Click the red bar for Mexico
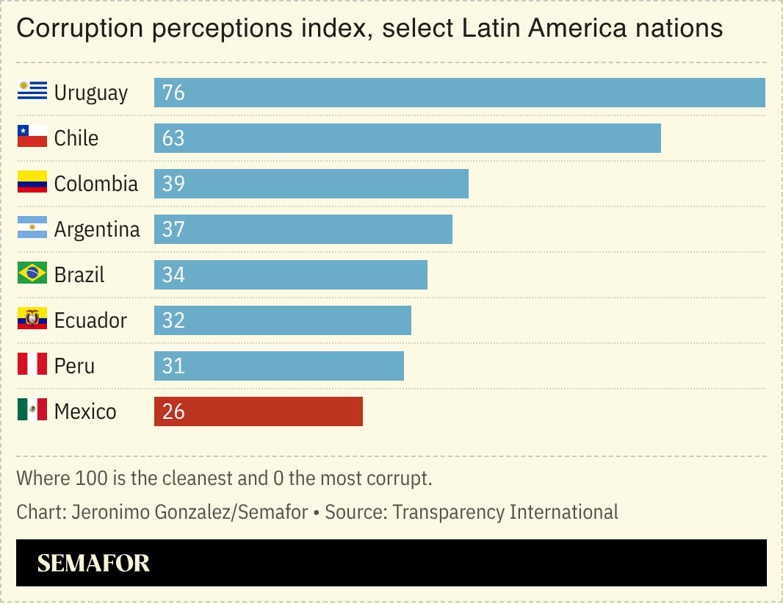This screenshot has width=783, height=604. point(259,411)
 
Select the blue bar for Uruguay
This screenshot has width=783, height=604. point(459,93)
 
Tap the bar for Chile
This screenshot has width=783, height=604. point(408,138)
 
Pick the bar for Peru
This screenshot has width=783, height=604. point(279,366)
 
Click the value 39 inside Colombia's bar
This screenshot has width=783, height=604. point(173,184)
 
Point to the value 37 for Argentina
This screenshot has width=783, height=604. point(173,229)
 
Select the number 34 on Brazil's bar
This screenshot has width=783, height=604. point(173,275)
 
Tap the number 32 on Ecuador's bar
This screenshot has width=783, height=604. point(173,320)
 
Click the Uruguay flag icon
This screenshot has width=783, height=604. point(32,91)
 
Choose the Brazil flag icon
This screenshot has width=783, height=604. point(32,273)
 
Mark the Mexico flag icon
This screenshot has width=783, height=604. point(32,410)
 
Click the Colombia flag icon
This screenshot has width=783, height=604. point(32,182)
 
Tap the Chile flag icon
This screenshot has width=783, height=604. point(32,137)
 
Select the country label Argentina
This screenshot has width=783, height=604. point(97,229)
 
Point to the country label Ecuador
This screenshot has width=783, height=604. point(90,320)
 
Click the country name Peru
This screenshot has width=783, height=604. point(74,366)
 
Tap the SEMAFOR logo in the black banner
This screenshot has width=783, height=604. point(93,564)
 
